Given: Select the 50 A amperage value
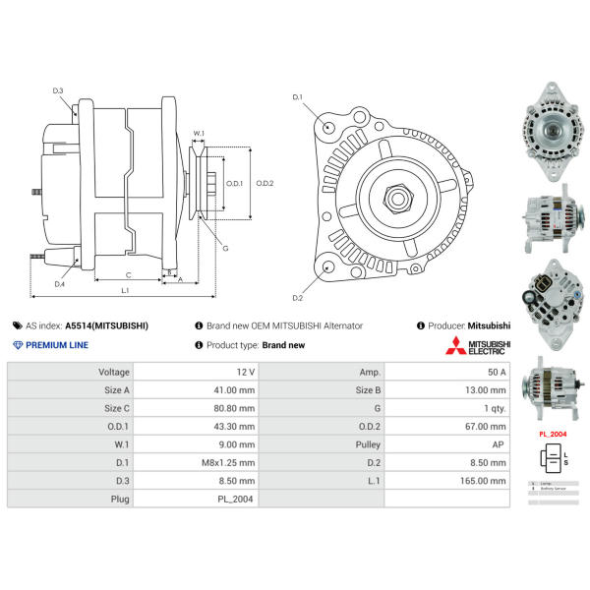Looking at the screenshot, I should click(496, 373).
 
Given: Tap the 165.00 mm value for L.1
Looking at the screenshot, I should click(484, 481).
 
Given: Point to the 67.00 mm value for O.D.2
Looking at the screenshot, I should click(485, 427).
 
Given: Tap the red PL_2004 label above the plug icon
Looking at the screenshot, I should click(553, 434).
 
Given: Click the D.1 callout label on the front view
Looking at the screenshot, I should click(298, 97).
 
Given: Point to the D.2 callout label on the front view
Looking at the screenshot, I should click(297, 297).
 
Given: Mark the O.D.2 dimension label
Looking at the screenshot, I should click(265, 183).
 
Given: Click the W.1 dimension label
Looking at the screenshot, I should click(199, 133).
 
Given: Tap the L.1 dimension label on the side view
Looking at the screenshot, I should click(126, 290).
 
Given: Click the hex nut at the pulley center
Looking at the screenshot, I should click(399, 197).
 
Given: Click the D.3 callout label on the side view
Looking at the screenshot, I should click(58, 90).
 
